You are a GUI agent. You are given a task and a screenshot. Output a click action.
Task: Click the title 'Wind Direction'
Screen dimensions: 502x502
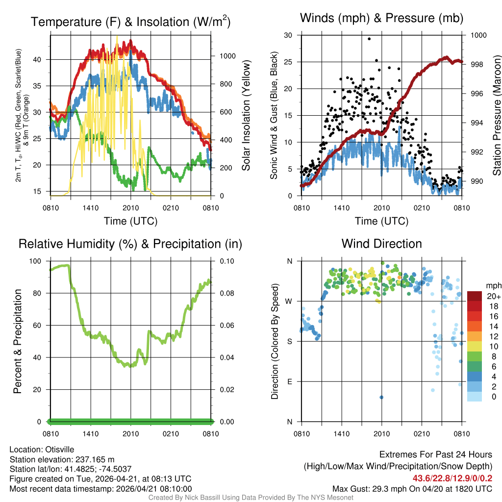click(x=381, y=244)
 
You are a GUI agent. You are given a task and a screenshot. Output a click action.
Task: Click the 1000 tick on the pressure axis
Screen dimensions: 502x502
click(x=478, y=35)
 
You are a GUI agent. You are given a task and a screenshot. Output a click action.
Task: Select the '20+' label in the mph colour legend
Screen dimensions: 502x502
click(x=494, y=297)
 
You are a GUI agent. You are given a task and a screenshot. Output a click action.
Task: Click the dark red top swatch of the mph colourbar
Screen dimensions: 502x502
click(x=475, y=296)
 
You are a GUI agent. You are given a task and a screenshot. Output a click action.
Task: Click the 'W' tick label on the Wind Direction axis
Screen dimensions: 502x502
click(x=290, y=301)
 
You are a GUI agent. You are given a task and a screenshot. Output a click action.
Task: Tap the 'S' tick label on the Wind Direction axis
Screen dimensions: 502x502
click(x=290, y=341)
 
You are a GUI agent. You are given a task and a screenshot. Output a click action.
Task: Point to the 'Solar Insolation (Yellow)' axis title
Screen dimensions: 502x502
click(x=246, y=115)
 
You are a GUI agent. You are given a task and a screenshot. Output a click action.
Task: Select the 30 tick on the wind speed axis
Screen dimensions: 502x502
click(x=288, y=35)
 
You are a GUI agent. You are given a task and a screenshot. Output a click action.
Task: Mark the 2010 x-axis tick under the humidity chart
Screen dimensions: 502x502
click(x=131, y=433)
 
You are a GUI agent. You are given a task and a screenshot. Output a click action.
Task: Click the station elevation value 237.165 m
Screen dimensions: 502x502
click(x=94, y=459)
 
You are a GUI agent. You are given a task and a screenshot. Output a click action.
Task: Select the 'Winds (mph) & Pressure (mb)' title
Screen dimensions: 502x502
click(x=381, y=18)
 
